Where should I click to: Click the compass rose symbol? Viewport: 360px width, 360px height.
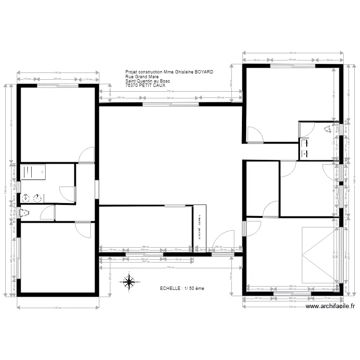click(129, 282)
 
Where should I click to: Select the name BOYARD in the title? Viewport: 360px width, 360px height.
click(204, 72)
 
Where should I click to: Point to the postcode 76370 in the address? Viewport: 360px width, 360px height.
click(131, 85)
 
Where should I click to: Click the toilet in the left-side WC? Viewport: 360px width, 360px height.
click(25, 212)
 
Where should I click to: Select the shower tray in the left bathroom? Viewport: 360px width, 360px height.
click(33, 172)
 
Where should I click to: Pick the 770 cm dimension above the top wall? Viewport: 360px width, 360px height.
click(169, 91)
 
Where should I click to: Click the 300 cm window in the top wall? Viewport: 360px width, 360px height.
click(170, 104)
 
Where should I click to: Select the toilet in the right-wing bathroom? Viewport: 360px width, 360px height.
click(328, 129)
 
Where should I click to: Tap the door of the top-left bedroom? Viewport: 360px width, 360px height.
click(87, 155)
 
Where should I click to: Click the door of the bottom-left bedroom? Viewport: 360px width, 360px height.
click(83, 229)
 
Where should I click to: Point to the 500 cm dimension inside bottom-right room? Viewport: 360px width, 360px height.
click(293, 286)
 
